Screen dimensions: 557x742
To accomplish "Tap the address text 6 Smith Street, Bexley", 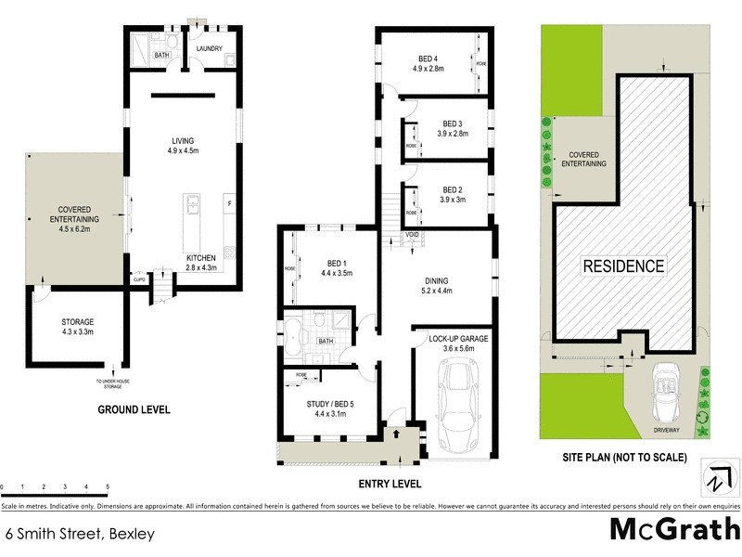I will [79, 534].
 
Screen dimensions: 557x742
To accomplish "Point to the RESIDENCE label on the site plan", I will [623, 266].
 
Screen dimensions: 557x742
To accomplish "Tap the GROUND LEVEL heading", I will [134, 409].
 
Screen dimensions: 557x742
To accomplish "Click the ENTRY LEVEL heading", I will [389, 484].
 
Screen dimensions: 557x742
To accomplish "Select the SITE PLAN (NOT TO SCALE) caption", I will [624, 457].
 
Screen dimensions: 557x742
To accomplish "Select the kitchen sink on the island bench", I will [193, 202].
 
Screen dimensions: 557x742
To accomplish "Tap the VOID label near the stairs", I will [413, 236].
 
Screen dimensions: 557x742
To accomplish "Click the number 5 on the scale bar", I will [108, 486].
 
